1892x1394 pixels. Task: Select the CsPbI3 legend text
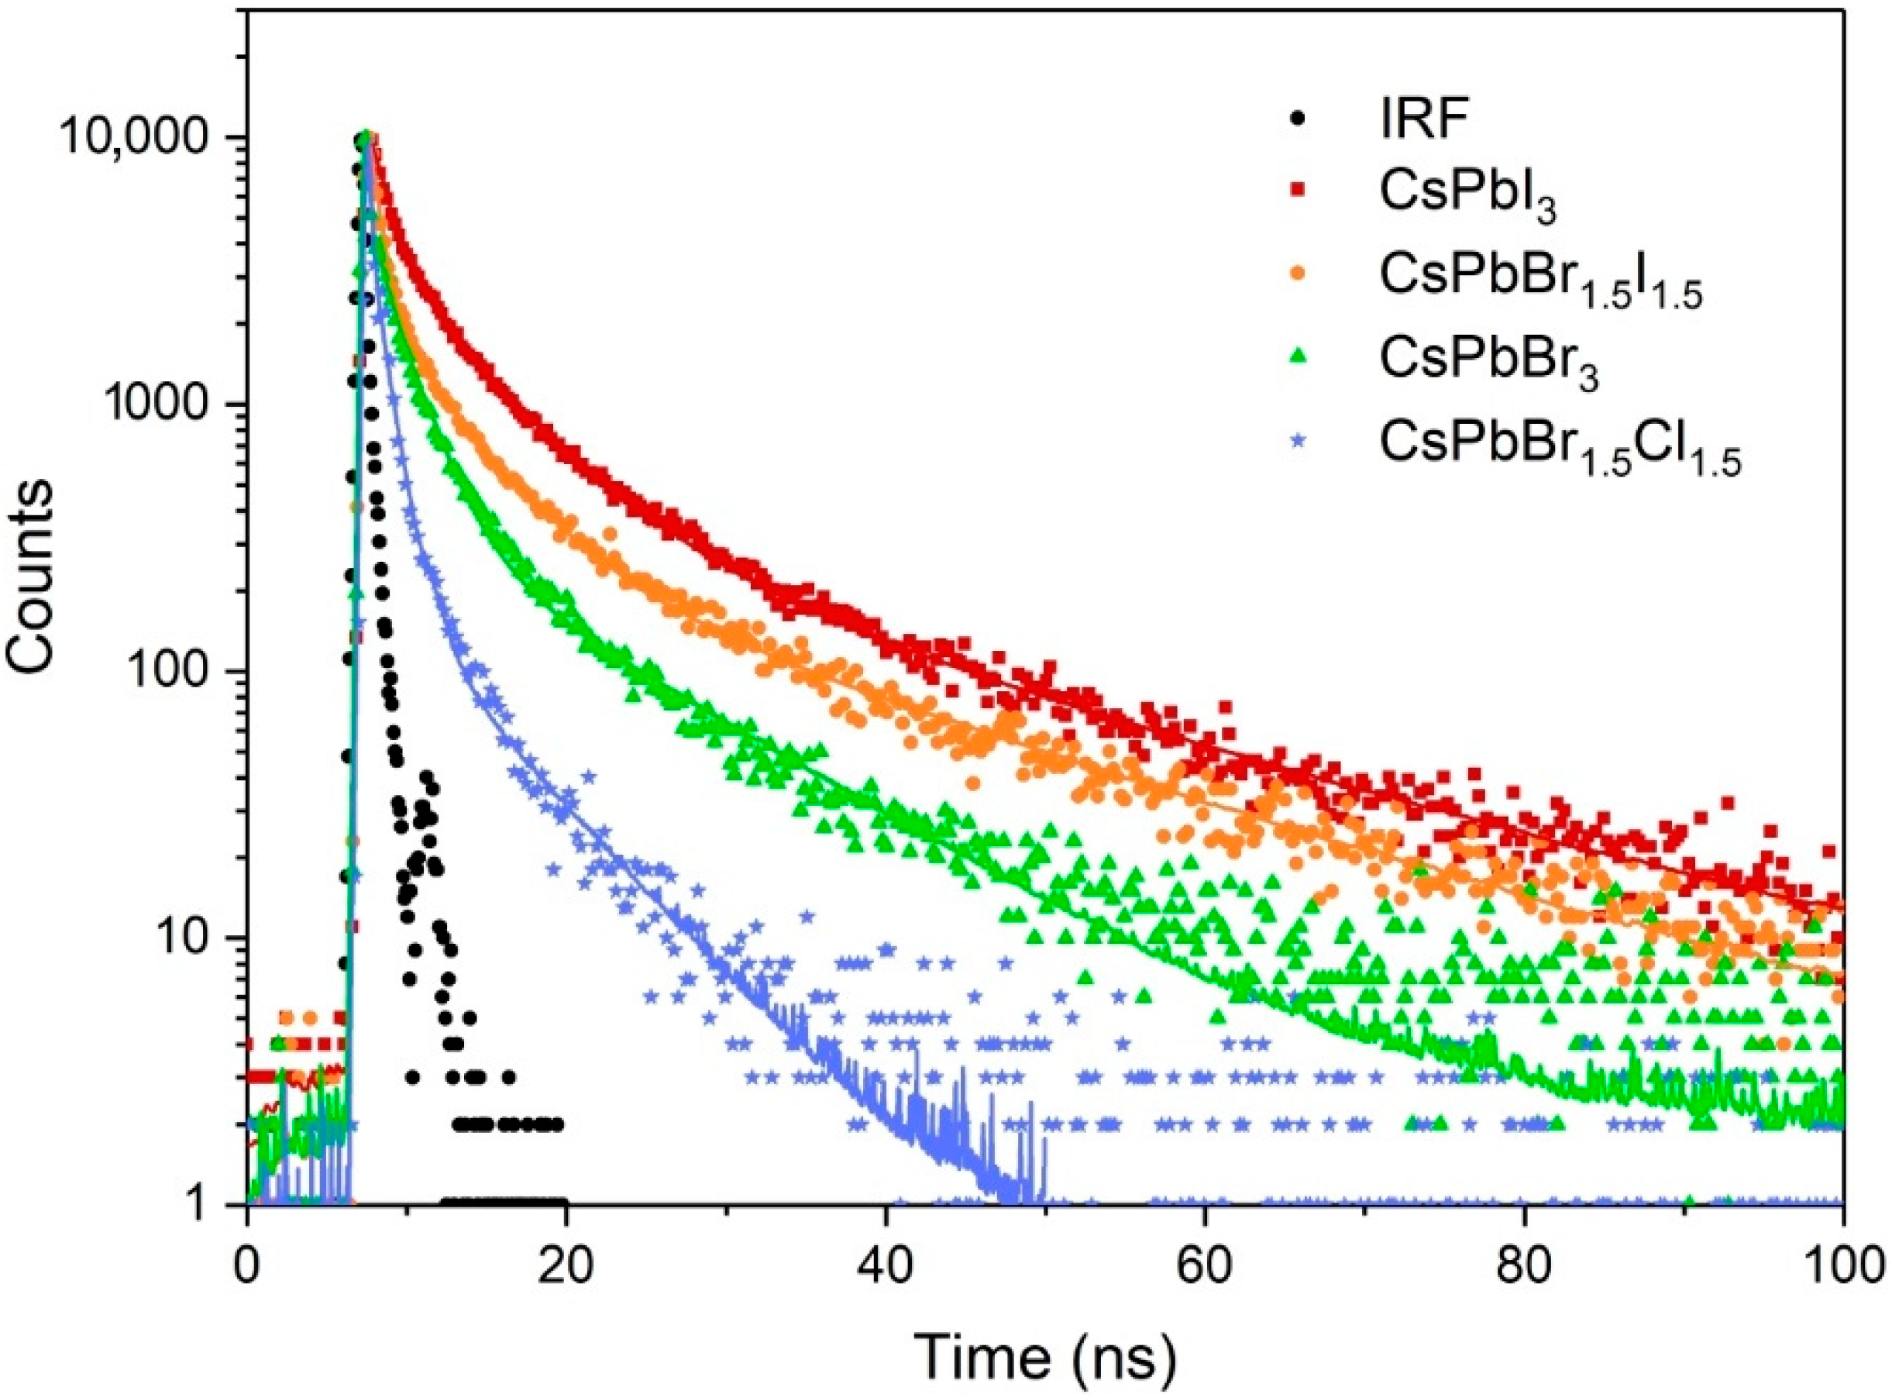coord(1467,196)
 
